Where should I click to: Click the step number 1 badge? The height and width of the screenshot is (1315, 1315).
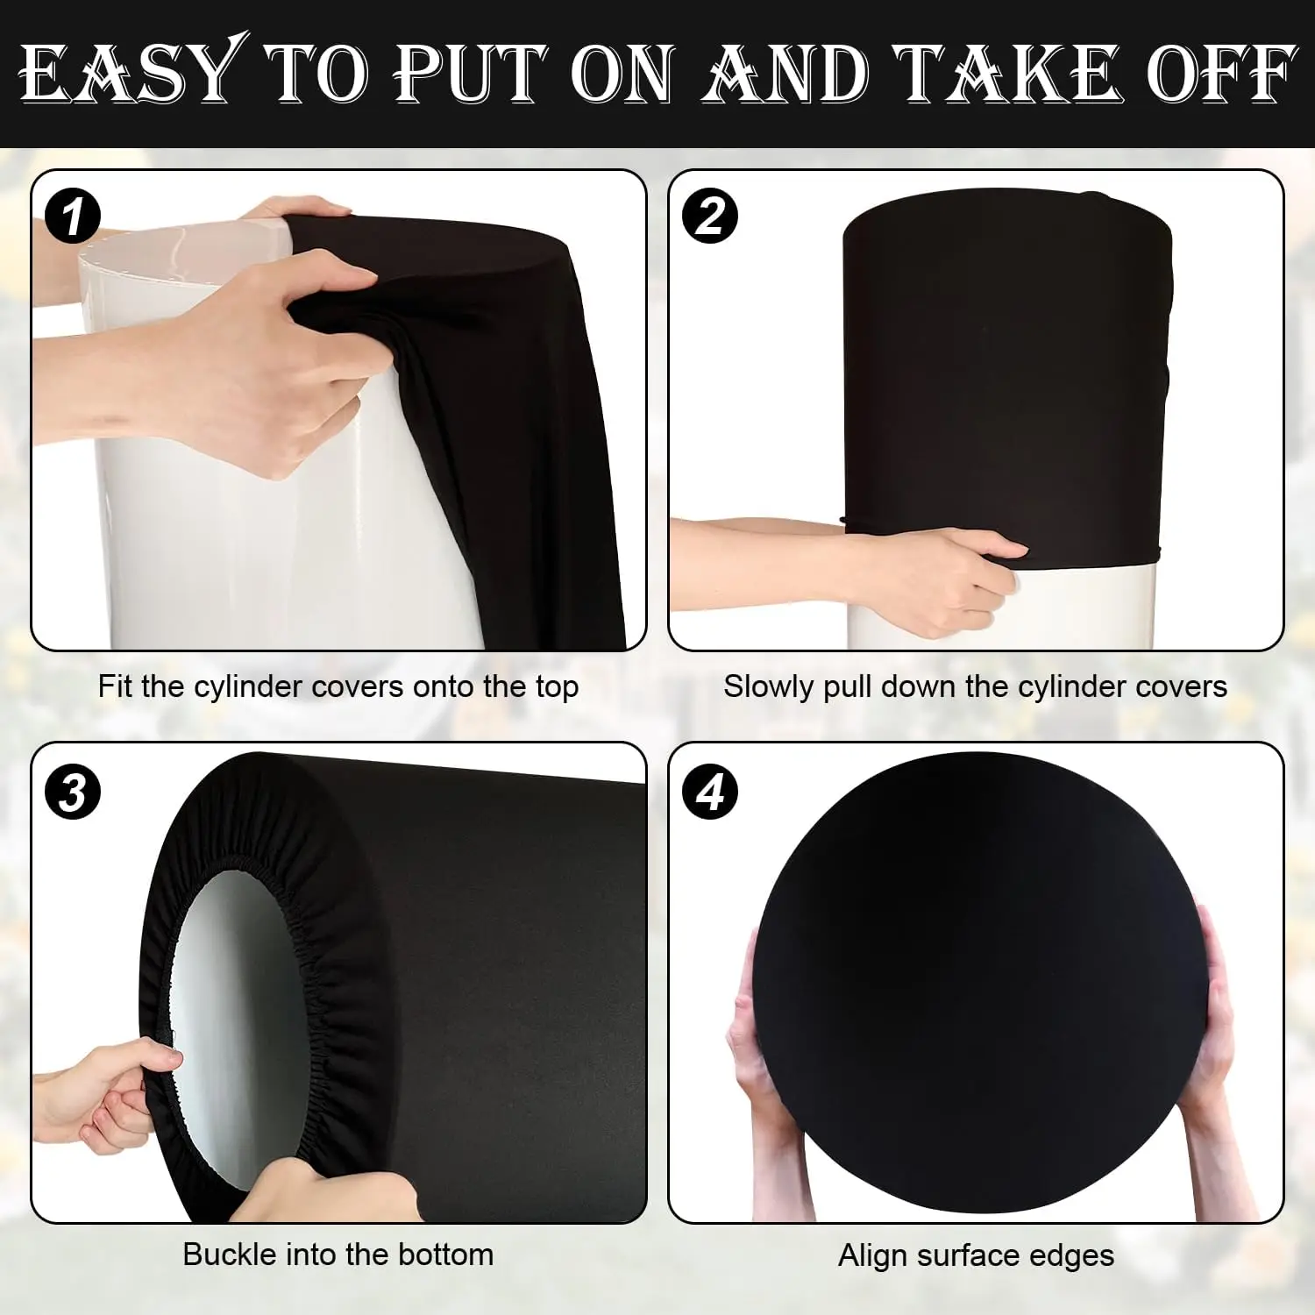click(73, 217)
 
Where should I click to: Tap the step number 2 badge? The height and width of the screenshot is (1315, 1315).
click(710, 216)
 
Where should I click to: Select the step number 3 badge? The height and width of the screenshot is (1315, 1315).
click(73, 793)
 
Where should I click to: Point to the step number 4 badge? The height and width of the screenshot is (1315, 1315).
click(710, 793)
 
